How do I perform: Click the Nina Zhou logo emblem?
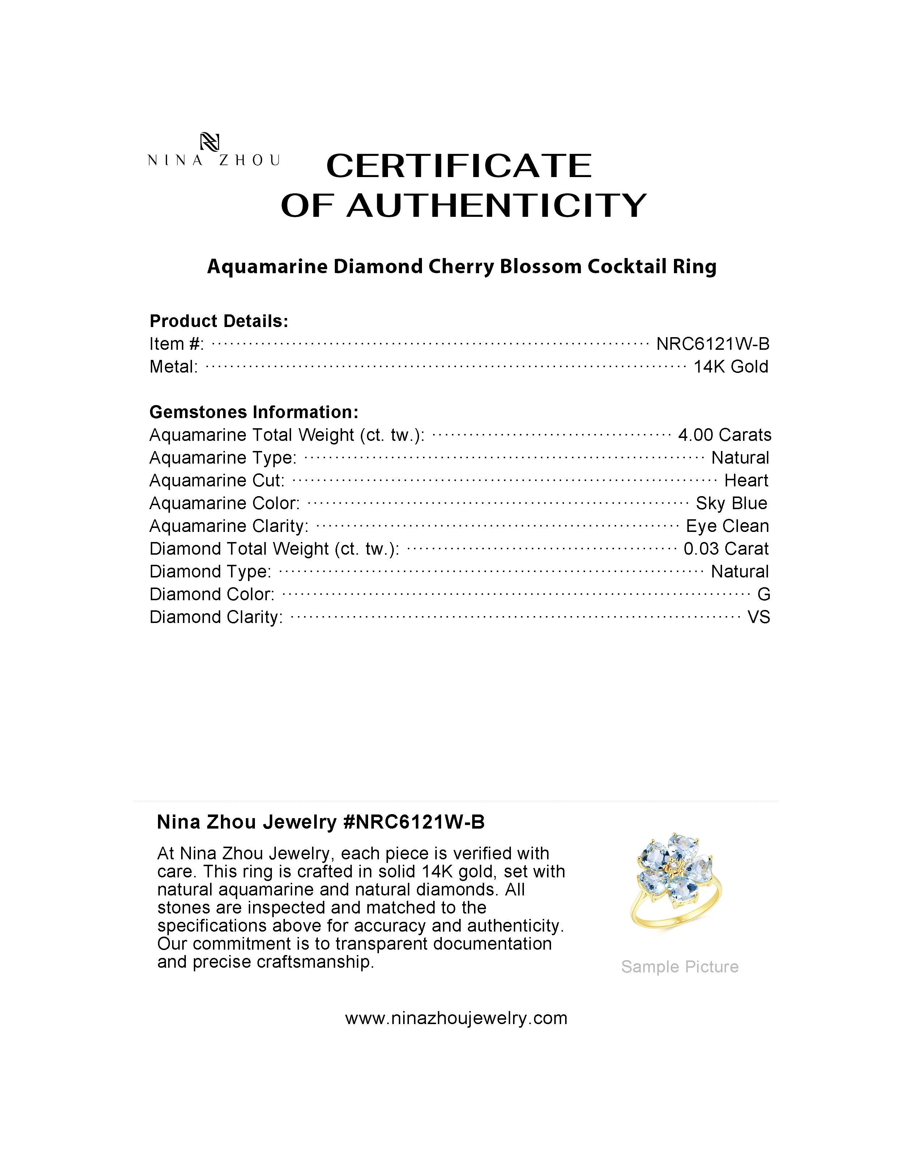209,142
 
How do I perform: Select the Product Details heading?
219,321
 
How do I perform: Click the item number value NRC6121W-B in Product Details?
713,344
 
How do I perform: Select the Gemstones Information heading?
253,412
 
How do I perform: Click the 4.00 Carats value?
724,435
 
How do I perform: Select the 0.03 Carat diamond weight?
726,549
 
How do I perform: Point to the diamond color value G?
763,594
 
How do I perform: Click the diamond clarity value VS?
759,617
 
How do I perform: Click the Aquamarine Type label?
222,458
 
